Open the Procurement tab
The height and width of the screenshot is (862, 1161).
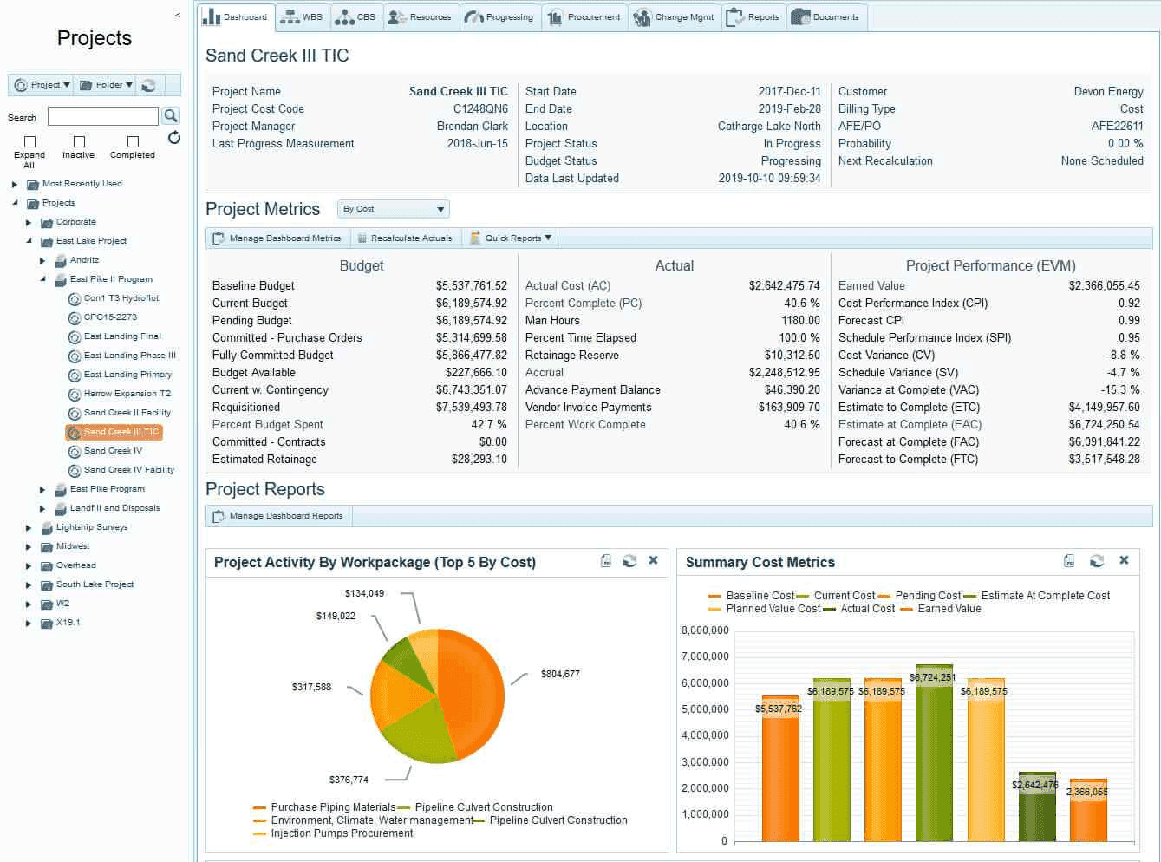(585, 17)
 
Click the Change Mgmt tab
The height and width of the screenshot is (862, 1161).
(675, 17)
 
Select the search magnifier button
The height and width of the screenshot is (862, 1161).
(171, 115)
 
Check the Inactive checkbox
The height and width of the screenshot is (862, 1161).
(79, 141)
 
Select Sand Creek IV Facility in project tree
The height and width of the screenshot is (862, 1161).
(128, 470)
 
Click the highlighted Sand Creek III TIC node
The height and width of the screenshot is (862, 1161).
(114, 432)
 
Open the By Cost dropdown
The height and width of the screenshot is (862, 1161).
(393, 209)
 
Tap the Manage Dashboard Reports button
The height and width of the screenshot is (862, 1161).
(278, 516)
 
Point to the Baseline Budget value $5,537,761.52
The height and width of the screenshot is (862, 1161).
(471, 286)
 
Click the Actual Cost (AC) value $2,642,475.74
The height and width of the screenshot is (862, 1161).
(784, 286)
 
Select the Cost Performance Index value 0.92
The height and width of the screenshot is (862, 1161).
(1129, 304)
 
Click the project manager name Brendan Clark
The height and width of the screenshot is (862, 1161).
(472, 127)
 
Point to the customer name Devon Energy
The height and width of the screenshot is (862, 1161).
(1108, 92)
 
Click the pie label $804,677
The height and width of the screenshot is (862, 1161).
(560, 674)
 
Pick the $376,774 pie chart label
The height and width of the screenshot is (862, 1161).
(349, 780)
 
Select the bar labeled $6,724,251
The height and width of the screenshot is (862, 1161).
(934, 754)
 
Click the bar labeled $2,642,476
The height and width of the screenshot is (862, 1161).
(1037, 806)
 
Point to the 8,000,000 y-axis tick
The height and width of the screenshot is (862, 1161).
(705, 630)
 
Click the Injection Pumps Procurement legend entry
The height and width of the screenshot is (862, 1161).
(341, 833)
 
